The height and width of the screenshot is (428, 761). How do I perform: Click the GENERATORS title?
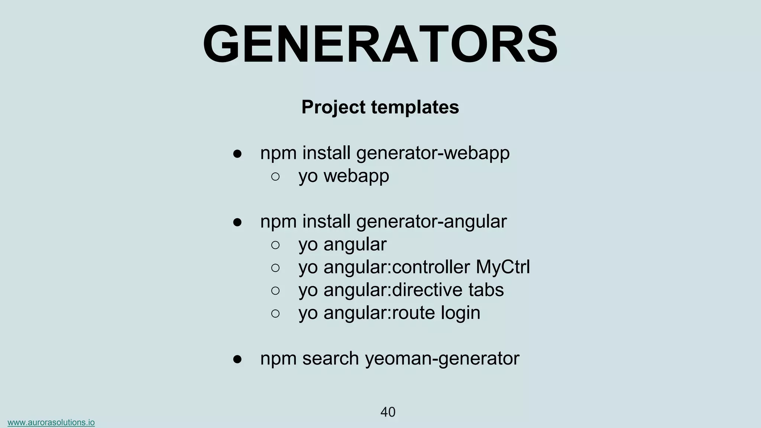[x=380, y=45]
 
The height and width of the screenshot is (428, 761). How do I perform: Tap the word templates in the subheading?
[x=415, y=107]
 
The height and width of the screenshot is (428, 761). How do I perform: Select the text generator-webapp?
[x=433, y=153]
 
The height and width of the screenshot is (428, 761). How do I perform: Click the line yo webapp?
[x=344, y=176]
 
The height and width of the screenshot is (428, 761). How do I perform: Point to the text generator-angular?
[x=431, y=222]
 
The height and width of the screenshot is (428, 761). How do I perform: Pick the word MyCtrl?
[x=503, y=267]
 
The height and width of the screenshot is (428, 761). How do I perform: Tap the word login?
[x=460, y=313]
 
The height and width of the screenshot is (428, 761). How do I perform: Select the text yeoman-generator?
[x=442, y=359]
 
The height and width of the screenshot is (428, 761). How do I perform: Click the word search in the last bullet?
[x=330, y=359]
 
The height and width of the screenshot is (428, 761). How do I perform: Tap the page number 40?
[x=388, y=412]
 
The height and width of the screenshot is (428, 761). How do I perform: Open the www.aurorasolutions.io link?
[x=51, y=422]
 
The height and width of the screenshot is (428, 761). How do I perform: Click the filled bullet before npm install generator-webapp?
[x=237, y=154]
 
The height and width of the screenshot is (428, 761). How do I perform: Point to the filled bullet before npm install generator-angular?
[x=237, y=222]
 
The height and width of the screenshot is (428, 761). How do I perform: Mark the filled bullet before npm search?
[x=237, y=359]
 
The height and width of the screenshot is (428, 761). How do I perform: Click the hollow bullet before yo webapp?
[x=275, y=176]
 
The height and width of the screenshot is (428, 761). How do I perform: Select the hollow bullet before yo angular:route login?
[x=275, y=314]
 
